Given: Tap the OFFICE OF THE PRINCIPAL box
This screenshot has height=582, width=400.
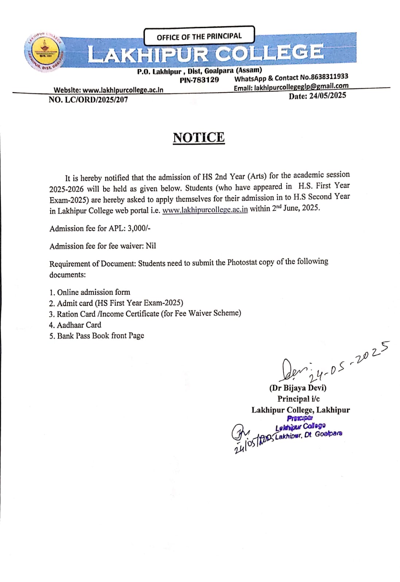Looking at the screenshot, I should [199, 36].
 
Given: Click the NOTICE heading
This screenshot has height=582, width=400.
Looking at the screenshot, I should [199, 138].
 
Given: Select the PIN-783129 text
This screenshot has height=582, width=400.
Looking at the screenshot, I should [199, 80].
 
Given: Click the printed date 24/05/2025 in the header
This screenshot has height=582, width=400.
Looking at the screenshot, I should [327, 96].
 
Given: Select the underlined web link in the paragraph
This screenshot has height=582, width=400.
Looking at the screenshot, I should [205, 210].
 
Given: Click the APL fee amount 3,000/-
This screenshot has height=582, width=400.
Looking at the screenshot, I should [139, 228].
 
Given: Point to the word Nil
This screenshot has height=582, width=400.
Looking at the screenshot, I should [151, 246].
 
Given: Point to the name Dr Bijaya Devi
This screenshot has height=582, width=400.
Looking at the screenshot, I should [298, 388].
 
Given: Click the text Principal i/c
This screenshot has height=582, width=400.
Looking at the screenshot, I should [298, 399].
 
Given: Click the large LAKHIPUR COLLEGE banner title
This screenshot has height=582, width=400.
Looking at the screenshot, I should [205, 53].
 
